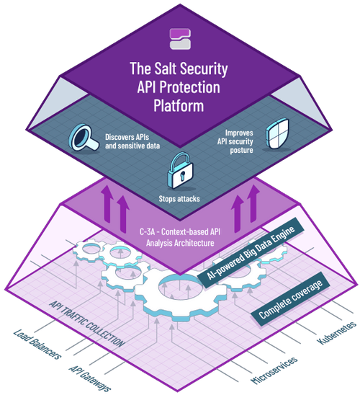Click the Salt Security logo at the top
(180, 39)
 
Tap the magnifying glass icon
(83, 138)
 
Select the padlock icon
(181, 170)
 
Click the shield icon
(277, 134)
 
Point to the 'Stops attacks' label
(179, 199)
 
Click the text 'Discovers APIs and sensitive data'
(132, 141)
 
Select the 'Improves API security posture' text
(235, 141)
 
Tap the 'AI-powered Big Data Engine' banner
(251, 252)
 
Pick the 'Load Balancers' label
(37, 344)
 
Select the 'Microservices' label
(274, 370)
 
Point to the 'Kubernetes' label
(337, 333)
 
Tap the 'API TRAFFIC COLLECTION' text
(87, 324)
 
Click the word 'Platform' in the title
(179, 106)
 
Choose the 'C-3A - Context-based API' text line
(180, 232)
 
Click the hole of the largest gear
(180, 287)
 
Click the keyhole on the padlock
(182, 176)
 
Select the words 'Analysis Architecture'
(180, 243)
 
